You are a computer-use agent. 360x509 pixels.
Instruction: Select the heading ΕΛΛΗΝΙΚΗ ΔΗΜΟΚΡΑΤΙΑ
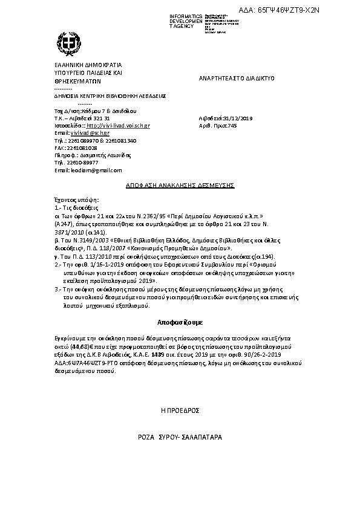point(88,65)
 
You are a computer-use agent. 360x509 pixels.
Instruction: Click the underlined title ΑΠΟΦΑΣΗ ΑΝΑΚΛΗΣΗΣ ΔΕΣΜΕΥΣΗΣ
point(180,186)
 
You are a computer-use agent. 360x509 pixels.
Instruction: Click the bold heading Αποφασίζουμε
point(180,322)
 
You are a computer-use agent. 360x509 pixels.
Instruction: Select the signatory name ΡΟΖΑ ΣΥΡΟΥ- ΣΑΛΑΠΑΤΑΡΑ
point(180,436)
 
